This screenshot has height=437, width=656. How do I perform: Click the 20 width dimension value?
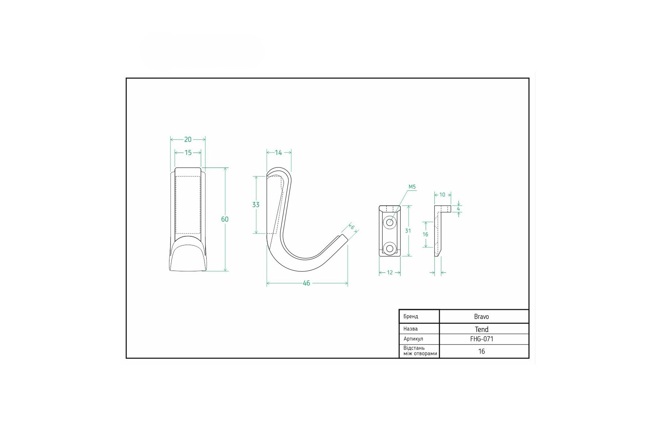[x=188, y=139]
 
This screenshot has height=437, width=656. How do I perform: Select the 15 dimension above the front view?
[x=188, y=153]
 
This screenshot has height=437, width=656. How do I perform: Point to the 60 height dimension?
[x=225, y=219]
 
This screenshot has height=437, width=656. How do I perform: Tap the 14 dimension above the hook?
[x=278, y=153]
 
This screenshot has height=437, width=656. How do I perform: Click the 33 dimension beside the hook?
[x=256, y=205]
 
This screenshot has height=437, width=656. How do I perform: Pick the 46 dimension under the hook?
[x=306, y=283]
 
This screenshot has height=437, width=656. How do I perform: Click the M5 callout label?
[x=412, y=187]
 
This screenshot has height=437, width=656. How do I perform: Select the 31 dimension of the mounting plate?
[x=408, y=231]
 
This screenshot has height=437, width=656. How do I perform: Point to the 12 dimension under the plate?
[x=390, y=272]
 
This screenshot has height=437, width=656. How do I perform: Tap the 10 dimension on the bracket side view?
[x=442, y=195]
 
